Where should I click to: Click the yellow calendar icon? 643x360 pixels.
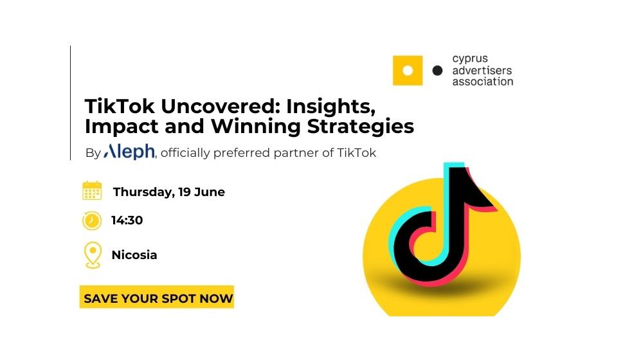click(x=92, y=191)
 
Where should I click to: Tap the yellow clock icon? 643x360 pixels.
click(x=92, y=221)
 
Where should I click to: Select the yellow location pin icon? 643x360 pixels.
click(x=93, y=255)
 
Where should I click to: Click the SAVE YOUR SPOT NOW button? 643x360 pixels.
click(x=157, y=297)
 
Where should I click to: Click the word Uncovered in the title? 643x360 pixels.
click(x=221, y=106)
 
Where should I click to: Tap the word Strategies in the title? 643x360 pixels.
click(x=361, y=126)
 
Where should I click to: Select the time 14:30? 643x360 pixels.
click(x=127, y=221)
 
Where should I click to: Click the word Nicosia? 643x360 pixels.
click(x=134, y=255)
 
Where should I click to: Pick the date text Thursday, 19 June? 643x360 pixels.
click(x=169, y=192)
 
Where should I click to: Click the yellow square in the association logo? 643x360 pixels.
click(x=408, y=71)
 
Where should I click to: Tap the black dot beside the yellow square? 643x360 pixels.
click(x=437, y=71)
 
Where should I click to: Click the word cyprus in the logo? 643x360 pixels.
click(x=470, y=59)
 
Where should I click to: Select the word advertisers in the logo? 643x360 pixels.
click(x=482, y=70)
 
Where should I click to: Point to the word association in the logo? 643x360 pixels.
click(x=483, y=81)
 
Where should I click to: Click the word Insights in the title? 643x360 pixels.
click(x=331, y=107)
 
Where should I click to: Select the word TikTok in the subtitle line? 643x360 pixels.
click(x=356, y=152)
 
